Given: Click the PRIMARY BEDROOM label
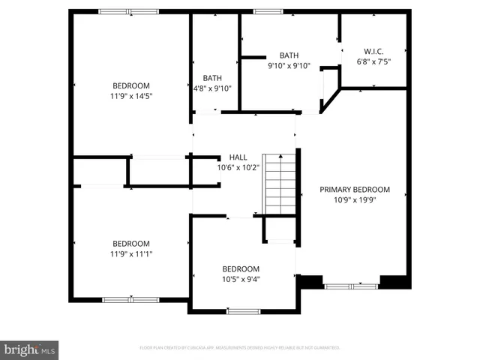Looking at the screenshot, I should [355, 190].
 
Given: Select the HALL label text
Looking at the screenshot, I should [238, 157].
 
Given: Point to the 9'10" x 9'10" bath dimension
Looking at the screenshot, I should [289, 65].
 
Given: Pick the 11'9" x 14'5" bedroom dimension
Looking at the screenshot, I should [131, 95].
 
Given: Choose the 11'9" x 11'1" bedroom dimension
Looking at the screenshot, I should [131, 253].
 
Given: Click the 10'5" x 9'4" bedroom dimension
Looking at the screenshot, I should [241, 279].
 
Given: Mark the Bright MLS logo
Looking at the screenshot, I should [30, 349].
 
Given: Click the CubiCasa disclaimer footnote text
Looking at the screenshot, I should [240, 348].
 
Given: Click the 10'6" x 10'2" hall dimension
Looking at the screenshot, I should [238, 167].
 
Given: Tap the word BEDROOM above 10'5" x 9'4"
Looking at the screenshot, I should [241, 269].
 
